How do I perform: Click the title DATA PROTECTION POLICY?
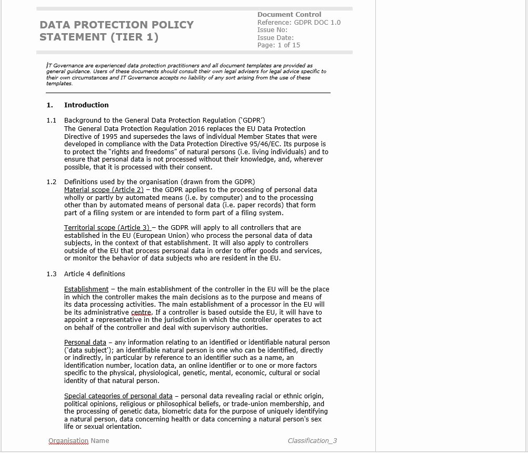[116, 25]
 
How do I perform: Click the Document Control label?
[289, 15]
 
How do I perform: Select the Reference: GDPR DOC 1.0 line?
[298, 22]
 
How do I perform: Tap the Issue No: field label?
[272, 30]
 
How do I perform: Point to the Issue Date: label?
[275, 37]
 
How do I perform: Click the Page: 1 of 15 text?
[278, 45]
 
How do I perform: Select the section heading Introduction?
[86, 105]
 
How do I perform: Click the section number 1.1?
[51, 120]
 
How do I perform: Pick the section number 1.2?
[51, 182]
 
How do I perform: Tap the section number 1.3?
[51, 274]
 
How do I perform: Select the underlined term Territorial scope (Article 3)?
[107, 228]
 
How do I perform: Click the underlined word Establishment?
[86, 289]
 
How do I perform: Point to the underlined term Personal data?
[85, 343]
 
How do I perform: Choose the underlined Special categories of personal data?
[118, 396]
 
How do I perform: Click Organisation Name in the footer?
[78, 441]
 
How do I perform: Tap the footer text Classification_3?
[312, 441]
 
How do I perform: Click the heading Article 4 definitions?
[95, 274]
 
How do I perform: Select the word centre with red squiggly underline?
[142, 313]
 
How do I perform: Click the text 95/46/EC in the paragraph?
[265, 144]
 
